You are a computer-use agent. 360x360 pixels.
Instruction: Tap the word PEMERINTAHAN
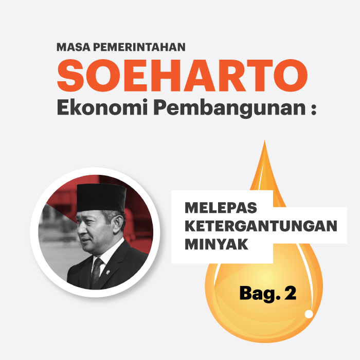pyautogui.click(x=139, y=47)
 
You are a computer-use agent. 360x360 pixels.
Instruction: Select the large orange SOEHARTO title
pyautogui.click(x=182, y=75)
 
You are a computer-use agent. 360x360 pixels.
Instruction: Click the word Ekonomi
pyautogui.click(x=102, y=107)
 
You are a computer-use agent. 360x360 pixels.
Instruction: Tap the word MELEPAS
pyautogui.click(x=221, y=208)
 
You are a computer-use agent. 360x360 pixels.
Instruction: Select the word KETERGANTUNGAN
pyautogui.click(x=261, y=226)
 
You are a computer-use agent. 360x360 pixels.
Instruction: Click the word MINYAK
pyautogui.click(x=217, y=244)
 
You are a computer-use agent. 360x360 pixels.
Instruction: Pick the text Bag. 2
pyautogui.click(x=268, y=294)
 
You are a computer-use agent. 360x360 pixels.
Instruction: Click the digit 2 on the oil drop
pyautogui.click(x=291, y=293)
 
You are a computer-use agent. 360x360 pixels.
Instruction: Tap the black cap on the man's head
pyautogui.click(x=101, y=197)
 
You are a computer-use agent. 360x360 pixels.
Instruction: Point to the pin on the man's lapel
pyautogui.click(x=107, y=273)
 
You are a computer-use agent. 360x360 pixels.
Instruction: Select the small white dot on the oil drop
pyautogui.click(x=309, y=314)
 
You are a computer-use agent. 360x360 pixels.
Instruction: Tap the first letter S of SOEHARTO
pyautogui.click(x=70, y=75)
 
